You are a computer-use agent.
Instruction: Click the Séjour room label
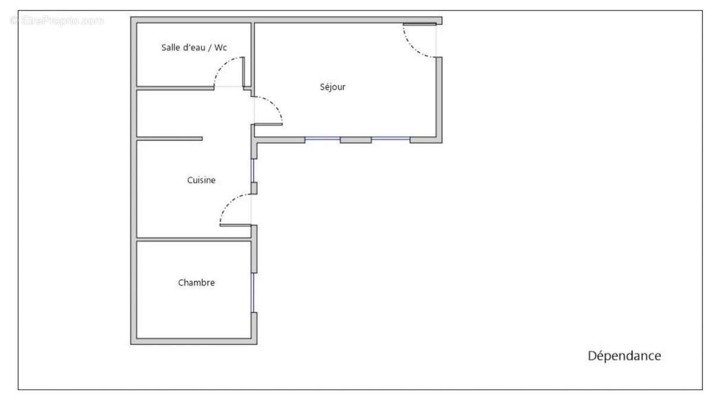click(333, 87)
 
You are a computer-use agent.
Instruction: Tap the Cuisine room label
click(201, 180)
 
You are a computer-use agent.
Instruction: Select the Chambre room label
click(196, 282)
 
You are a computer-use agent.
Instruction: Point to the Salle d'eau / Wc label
click(194, 48)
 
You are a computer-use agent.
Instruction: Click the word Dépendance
click(624, 356)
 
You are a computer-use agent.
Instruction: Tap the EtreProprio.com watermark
click(57, 21)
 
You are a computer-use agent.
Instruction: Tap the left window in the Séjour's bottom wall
click(322, 138)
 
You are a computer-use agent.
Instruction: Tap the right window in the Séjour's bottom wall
click(391, 138)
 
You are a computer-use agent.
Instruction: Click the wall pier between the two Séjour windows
click(356, 140)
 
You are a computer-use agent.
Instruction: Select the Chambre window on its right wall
click(252, 292)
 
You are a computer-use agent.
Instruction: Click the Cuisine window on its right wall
click(252, 171)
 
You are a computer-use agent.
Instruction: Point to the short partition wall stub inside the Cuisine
click(170, 138)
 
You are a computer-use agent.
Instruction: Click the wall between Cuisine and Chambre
click(194, 239)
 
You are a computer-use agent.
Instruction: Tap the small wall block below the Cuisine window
click(254, 188)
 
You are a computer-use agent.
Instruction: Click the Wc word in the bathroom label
click(221, 48)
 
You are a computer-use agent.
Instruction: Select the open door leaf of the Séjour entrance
click(419, 24)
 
